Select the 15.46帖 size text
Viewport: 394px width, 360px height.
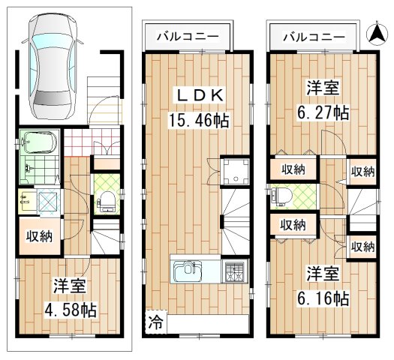(x=197, y=120)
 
